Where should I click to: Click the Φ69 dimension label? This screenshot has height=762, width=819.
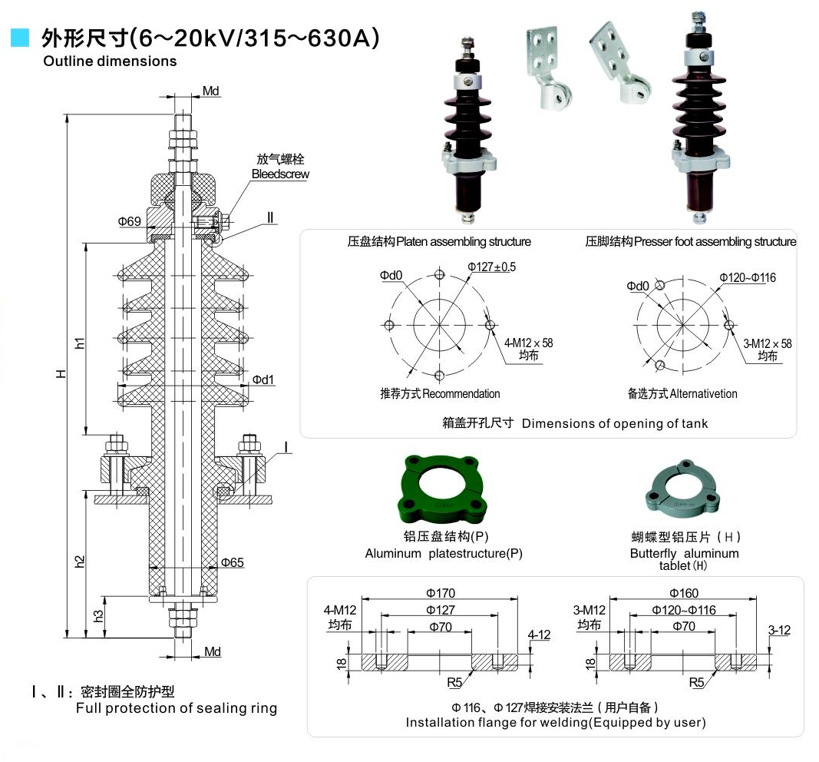click(x=129, y=221)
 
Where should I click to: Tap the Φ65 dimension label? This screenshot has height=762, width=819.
click(x=232, y=563)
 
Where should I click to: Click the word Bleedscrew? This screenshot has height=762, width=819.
click(x=280, y=174)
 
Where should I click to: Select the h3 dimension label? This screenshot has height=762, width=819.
click(x=98, y=616)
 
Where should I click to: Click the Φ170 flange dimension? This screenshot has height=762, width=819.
click(x=441, y=593)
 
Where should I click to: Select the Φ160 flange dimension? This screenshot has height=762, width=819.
click(x=683, y=593)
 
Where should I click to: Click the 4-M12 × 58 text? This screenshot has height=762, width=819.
click(x=529, y=343)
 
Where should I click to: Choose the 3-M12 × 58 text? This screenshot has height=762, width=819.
click(x=768, y=343)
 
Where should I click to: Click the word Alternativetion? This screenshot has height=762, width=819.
click(x=703, y=394)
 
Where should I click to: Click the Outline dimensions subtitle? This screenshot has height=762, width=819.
click(x=110, y=61)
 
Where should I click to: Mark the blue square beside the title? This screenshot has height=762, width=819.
click(x=20, y=37)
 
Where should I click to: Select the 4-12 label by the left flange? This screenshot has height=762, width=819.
click(x=540, y=634)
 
